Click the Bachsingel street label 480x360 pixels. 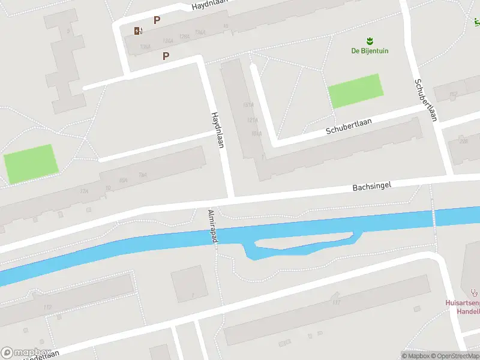pyautogui.click(x=371, y=187)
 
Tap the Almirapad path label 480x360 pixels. pyautogui.click(x=212, y=226)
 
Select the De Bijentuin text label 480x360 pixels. pyautogui.click(x=370, y=51)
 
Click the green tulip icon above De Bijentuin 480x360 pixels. pyautogui.click(x=370, y=41)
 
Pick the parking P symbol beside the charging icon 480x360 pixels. pyautogui.click(x=157, y=20)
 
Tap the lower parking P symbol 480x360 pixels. pyautogui.click(x=166, y=56)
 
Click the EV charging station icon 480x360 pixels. pyautogui.click(x=139, y=31)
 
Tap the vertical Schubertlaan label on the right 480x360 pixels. pyautogui.click(x=425, y=99)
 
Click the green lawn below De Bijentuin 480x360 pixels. pyautogui.click(x=355, y=91)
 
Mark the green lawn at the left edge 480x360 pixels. pyautogui.click(x=31, y=163)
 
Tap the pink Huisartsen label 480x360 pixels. pyautogui.click(x=463, y=303)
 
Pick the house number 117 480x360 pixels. pyautogui.click(x=336, y=302)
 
